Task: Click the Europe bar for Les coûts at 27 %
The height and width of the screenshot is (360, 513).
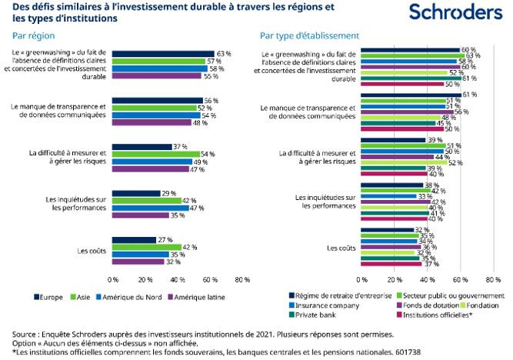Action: coord(134,240)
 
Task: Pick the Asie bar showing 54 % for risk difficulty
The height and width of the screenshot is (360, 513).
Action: coord(155,154)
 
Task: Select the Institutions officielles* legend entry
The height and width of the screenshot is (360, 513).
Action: coord(435,314)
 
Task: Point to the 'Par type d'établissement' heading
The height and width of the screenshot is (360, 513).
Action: coord(309,35)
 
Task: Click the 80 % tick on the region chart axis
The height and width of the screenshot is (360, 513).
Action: coord(242,280)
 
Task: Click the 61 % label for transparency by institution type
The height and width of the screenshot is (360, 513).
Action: coord(469,95)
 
